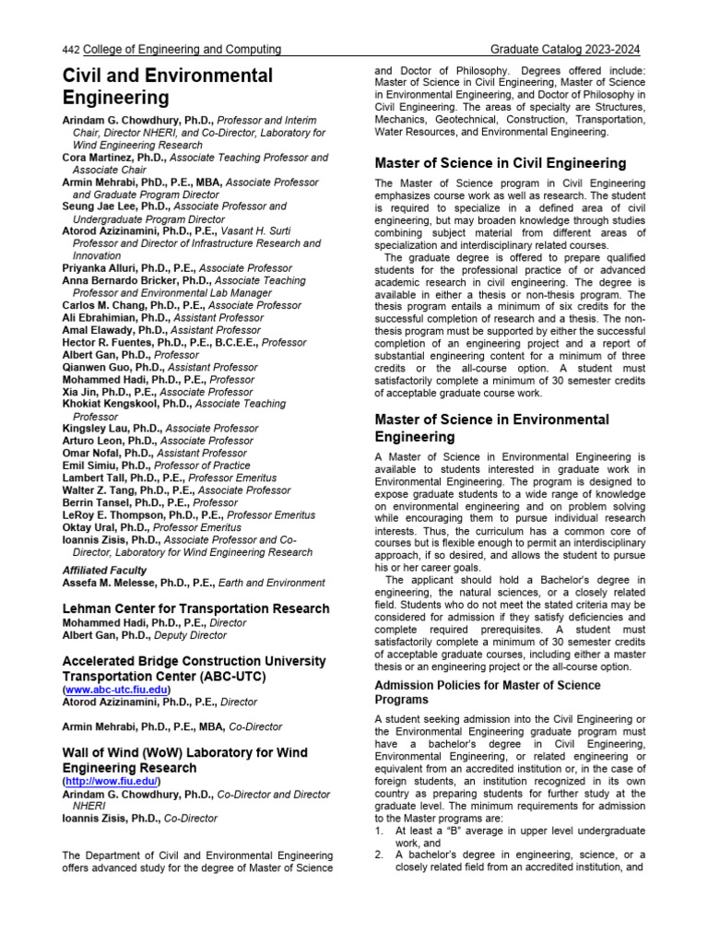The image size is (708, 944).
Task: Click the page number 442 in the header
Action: point(71,50)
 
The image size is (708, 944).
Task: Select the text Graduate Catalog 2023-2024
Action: point(565,50)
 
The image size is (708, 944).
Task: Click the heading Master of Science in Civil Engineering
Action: point(501,163)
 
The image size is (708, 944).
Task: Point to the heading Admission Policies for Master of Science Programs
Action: point(488,692)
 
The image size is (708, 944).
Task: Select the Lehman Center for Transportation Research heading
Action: point(195,608)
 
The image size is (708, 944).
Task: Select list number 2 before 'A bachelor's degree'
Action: point(379,855)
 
